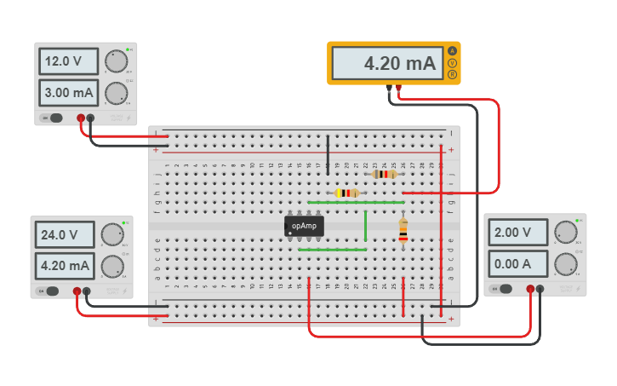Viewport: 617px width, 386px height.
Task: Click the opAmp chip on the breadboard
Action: [x=304, y=226]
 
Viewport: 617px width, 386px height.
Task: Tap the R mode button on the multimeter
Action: [x=452, y=75]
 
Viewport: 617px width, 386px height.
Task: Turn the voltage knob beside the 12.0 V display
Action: [x=115, y=61]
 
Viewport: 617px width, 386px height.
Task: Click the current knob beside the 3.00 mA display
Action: [x=116, y=92]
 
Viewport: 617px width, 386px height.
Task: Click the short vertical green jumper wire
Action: [x=366, y=226]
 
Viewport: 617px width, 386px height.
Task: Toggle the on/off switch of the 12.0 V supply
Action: [x=55, y=118]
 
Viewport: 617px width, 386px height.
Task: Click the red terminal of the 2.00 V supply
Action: [x=530, y=290]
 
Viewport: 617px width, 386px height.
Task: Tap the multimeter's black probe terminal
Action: [x=389, y=87]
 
